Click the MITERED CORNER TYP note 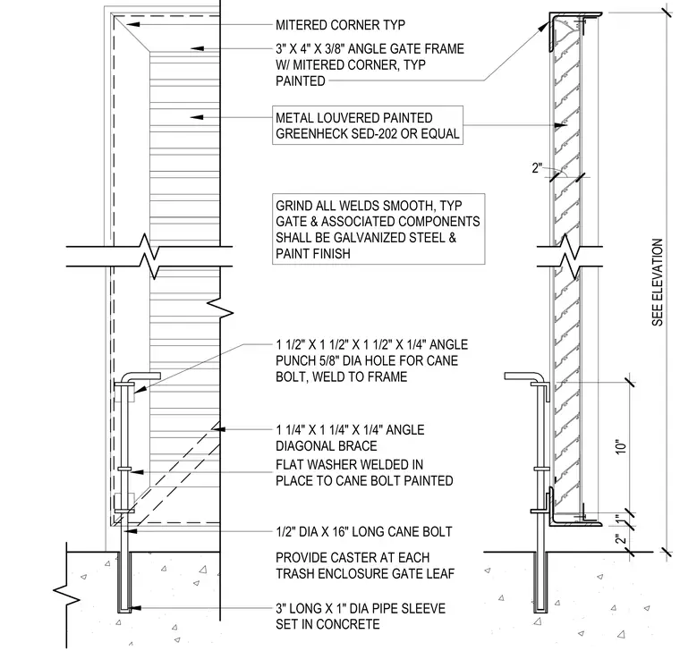click(x=340, y=25)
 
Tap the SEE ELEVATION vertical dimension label click(x=658, y=283)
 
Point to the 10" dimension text click(x=622, y=447)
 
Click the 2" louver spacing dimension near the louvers click(x=538, y=168)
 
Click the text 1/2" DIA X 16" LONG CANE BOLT click(x=364, y=531)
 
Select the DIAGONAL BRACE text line click(x=326, y=445)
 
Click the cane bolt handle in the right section click(x=523, y=376)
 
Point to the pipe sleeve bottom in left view click(x=124, y=611)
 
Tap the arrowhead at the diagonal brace click(x=218, y=428)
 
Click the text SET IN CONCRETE click(x=327, y=623)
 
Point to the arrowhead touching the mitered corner click(x=133, y=24)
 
